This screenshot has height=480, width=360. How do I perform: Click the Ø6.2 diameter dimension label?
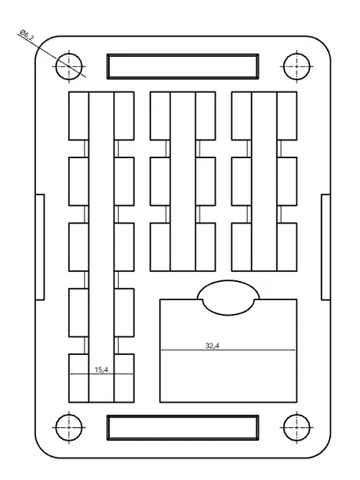27,36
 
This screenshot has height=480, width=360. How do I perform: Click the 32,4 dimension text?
213,346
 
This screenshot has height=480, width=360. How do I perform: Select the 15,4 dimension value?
101,369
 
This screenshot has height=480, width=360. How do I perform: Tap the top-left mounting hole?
69,66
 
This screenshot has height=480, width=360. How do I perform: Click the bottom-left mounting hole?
69,426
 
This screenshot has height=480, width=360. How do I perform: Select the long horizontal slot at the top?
182,66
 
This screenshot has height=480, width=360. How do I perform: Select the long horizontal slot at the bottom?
182,427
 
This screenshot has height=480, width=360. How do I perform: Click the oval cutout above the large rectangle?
227,297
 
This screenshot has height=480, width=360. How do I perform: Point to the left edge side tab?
40,246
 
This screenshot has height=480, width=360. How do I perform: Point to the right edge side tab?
325,246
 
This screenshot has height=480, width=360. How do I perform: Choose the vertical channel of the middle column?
182,180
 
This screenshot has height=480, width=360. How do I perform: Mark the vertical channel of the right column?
263,180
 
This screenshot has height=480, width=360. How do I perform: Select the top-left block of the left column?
79,116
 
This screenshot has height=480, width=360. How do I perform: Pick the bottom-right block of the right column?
286,246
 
